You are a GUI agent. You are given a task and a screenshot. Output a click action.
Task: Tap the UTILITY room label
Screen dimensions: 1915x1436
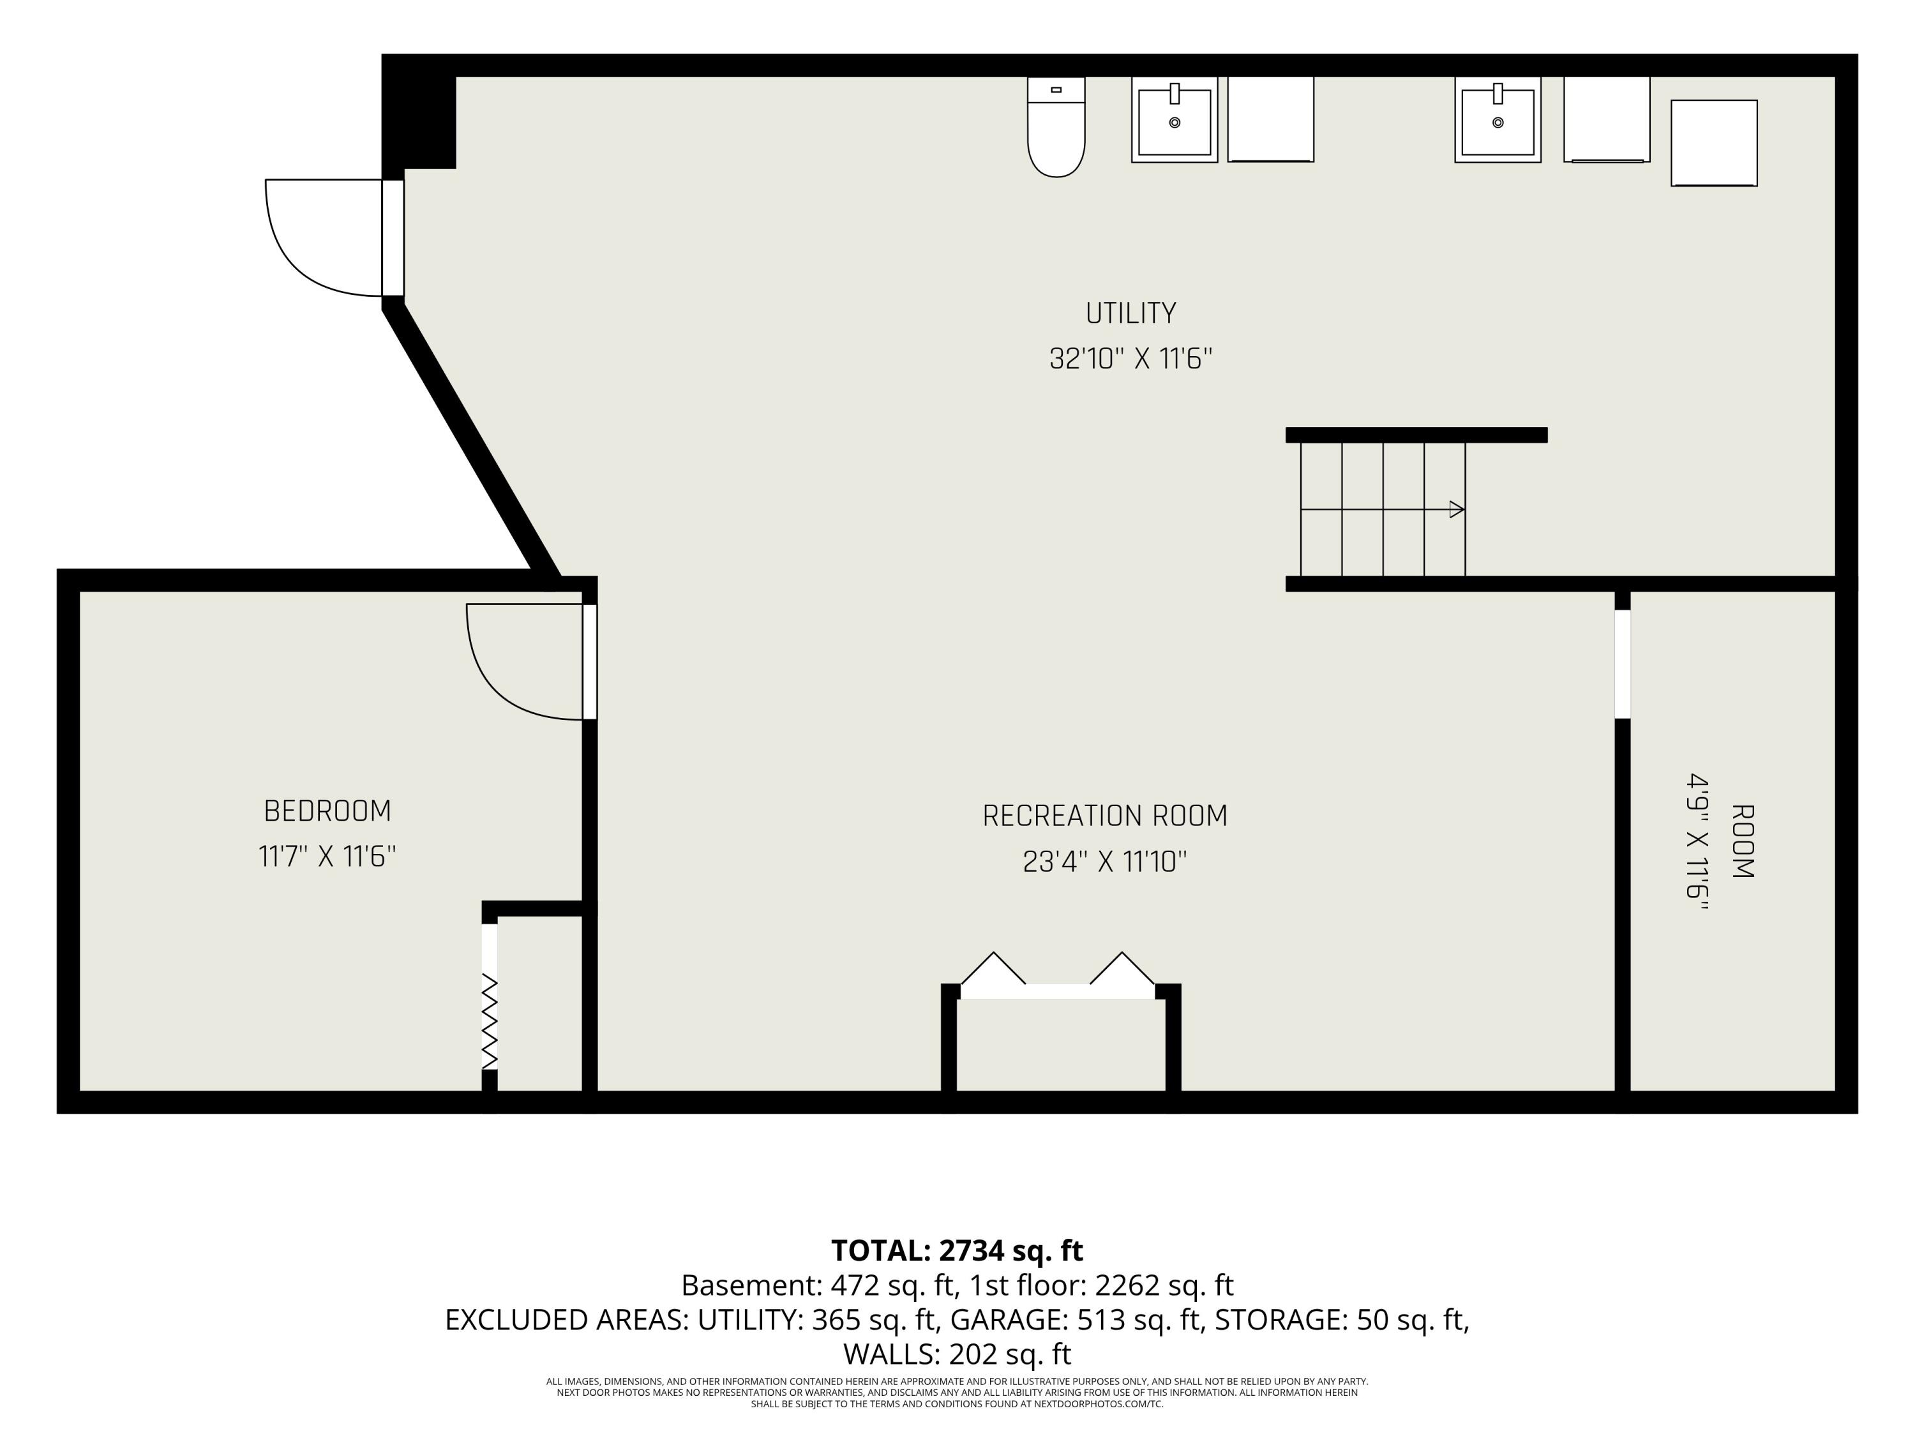click(1130, 313)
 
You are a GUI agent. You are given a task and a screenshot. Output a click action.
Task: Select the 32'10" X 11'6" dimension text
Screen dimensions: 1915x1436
click(1130, 358)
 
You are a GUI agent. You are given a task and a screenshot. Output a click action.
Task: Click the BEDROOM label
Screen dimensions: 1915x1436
click(327, 811)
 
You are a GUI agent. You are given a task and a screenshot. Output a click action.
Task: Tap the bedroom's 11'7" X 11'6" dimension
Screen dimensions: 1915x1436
click(327, 857)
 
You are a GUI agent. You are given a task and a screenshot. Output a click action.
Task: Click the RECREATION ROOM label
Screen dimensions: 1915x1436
click(1105, 816)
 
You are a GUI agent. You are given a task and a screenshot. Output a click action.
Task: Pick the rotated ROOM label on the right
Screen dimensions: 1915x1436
click(1742, 841)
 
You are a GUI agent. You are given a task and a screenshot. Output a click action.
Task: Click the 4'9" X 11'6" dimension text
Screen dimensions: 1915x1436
click(1697, 841)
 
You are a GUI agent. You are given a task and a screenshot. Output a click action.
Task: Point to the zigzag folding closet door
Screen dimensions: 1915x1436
click(490, 1021)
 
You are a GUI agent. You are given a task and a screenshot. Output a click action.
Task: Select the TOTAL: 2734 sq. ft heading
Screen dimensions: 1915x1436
click(957, 1251)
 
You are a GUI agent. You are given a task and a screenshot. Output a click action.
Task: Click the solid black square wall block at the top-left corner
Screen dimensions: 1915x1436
click(419, 112)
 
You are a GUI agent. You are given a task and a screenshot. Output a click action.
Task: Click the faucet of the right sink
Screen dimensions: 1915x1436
click(1498, 93)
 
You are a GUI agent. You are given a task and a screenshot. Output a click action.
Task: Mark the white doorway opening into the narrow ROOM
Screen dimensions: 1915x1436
click(1623, 664)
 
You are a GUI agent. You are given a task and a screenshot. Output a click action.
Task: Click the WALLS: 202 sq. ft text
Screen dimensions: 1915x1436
click(957, 1353)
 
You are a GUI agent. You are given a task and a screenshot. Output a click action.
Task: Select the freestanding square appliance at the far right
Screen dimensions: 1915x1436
click(1714, 143)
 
